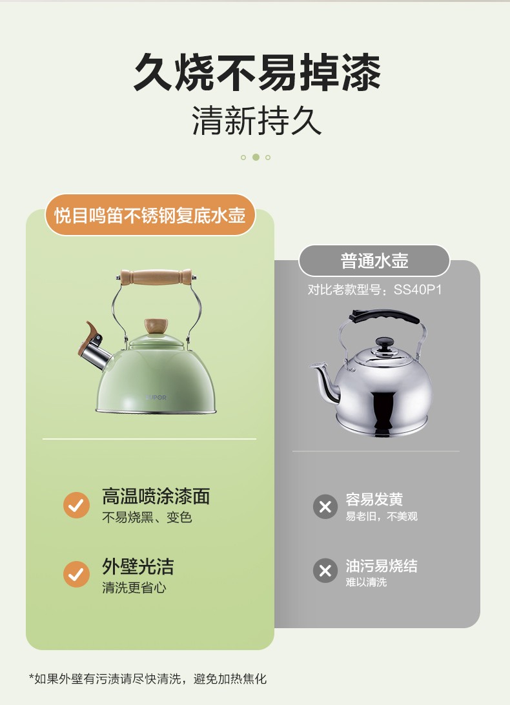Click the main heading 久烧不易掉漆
pos(257,72)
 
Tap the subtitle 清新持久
pos(257,121)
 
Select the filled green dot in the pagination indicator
pos(256,157)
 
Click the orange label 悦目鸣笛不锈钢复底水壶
pos(150,215)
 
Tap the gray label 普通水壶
pos(374,261)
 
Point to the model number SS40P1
pos(418,289)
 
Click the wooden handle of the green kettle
pos(156,277)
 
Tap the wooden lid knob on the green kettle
pos(156,326)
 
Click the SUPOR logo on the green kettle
pos(156,398)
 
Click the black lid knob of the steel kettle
pos(383,345)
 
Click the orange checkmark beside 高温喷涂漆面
pos(76,506)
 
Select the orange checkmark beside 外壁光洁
pos(76,574)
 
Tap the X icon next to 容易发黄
pos(325,507)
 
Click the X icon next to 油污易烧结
pos(325,571)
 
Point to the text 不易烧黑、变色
pos(147,518)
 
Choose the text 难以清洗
pos(366,582)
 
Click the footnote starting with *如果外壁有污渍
pos(148,679)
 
